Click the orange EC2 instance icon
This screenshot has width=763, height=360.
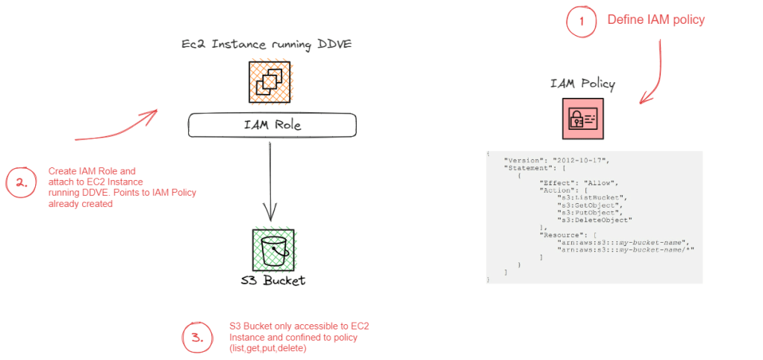coord(270,81)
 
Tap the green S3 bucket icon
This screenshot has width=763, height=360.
coord(273,249)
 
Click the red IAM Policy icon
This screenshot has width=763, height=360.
coord(583,118)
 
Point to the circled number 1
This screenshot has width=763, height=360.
coord(582,22)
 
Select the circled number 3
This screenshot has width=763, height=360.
coord(197,337)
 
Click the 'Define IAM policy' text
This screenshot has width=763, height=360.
coord(655,20)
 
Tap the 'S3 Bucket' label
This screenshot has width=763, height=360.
coord(273,281)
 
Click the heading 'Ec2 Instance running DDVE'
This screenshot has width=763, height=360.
coord(267,45)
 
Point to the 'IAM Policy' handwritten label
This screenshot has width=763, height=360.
coord(583,84)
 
